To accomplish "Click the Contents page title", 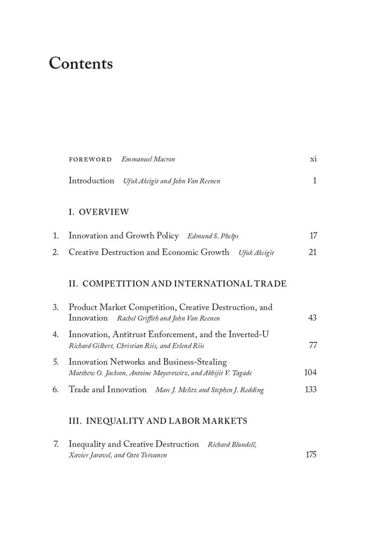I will [x=81, y=63].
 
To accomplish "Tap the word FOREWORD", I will [x=90, y=159].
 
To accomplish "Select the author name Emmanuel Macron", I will [x=148, y=159].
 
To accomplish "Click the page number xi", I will [x=313, y=159].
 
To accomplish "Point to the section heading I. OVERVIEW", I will [x=98, y=212].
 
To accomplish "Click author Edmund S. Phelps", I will [x=213, y=236].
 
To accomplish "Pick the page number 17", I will [x=313, y=236].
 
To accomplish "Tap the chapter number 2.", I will [x=55, y=252].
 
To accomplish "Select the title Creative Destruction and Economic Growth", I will [x=149, y=252].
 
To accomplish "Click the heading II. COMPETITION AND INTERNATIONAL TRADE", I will [x=177, y=284].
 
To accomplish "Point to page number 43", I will [x=312, y=318].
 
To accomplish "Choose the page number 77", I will [x=313, y=345].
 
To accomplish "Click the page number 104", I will [x=310, y=373].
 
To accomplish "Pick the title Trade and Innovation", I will [x=108, y=390].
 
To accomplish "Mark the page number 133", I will [x=310, y=390].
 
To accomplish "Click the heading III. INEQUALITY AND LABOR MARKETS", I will [x=158, y=421].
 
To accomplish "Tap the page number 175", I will [x=311, y=455].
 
